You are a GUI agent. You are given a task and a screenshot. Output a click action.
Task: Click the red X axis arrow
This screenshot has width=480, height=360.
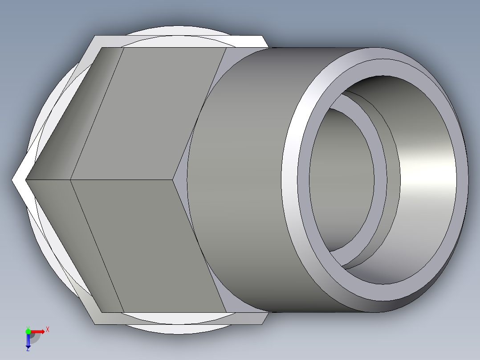tap(39, 331)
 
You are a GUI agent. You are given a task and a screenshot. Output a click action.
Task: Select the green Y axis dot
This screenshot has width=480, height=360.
tap(28, 331)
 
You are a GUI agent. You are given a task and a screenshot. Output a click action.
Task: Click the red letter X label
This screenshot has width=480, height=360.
tap(48, 329)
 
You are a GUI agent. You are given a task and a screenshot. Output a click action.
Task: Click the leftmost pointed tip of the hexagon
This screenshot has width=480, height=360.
tap(13, 180)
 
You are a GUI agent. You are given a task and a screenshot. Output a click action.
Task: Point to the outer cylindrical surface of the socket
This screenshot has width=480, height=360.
tap(240, 178)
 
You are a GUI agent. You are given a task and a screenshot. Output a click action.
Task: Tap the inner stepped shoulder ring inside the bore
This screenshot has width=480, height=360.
tap(380, 178)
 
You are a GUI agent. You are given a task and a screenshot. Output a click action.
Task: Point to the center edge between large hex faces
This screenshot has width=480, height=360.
tap(120, 180)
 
